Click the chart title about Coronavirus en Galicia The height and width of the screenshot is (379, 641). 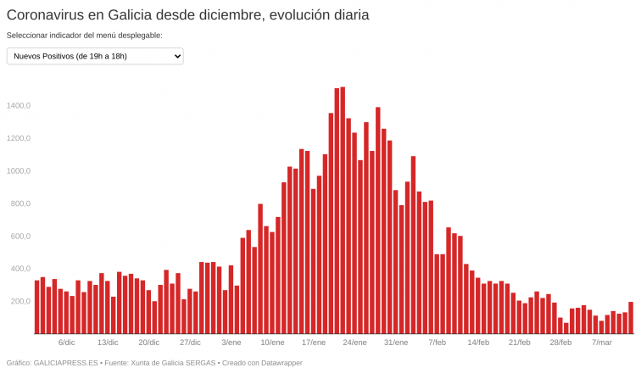pyautogui.click(x=187, y=15)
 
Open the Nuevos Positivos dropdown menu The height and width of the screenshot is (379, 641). pyautogui.click(x=95, y=56)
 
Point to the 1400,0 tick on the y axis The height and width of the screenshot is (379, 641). pyautogui.click(x=18, y=106)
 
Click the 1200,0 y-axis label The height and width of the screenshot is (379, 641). pyautogui.click(x=18, y=138)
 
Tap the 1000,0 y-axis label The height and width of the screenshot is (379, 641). pyautogui.click(x=18, y=171)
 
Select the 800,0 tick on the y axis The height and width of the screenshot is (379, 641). pyautogui.click(x=20, y=203)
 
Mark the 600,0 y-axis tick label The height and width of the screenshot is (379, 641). pyautogui.click(x=20, y=237)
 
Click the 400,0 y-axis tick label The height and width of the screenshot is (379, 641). pyautogui.click(x=20, y=269)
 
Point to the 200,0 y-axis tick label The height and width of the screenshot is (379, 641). pyautogui.click(x=20, y=302)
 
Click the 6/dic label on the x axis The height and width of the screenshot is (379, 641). pyautogui.click(x=67, y=343)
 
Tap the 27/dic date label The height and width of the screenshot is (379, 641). pyautogui.click(x=190, y=343)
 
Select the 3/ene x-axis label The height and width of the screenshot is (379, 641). pyautogui.click(x=231, y=343)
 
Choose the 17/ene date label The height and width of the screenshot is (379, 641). pyautogui.click(x=314, y=343)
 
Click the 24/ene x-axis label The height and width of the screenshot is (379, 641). pyautogui.click(x=354, y=343)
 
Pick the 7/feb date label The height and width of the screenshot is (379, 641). pyautogui.click(x=437, y=343)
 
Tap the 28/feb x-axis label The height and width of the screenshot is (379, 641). pyautogui.click(x=560, y=343)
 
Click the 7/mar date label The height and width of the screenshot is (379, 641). pyautogui.click(x=601, y=343)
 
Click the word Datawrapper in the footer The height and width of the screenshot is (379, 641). pyautogui.click(x=280, y=363)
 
